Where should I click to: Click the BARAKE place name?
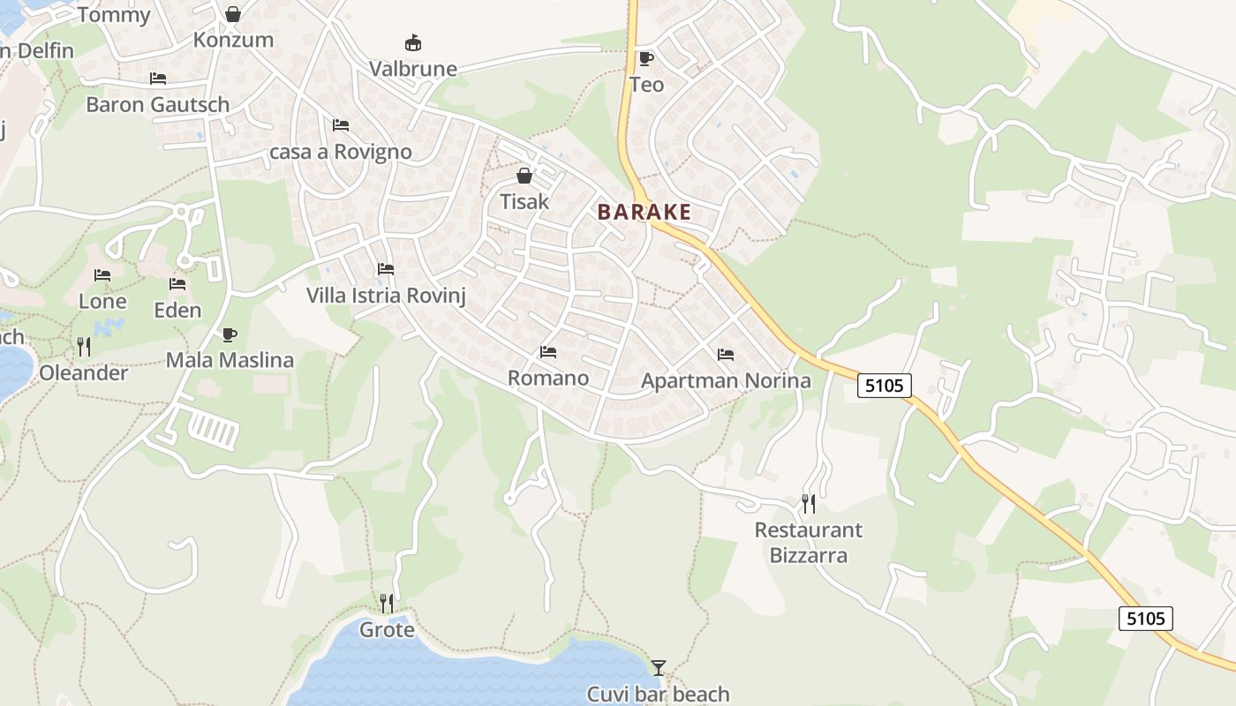click(644, 213)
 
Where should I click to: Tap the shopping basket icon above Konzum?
click(233, 14)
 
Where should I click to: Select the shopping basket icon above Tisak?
click(524, 176)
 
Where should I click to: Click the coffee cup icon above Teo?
click(646, 59)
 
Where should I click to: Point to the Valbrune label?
click(413, 69)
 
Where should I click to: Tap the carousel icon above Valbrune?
click(412, 42)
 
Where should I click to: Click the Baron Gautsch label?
click(157, 104)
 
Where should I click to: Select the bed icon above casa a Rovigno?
click(341, 125)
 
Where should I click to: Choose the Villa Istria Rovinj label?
click(386, 295)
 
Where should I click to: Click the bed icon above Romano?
click(548, 352)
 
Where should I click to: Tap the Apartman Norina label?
click(726, 381)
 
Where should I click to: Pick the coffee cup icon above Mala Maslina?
click(230, 334)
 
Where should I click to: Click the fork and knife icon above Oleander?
click(84, 347)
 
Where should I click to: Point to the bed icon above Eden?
click(177, 284)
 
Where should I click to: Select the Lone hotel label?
click(102, 301)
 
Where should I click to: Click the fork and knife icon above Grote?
click(387, 604)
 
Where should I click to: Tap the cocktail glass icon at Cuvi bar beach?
click(659, 668)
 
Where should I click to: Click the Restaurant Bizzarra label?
click(809, 543)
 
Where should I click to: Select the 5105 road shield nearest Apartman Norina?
click(884, 385)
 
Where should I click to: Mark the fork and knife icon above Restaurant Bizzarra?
click(809, 504)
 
